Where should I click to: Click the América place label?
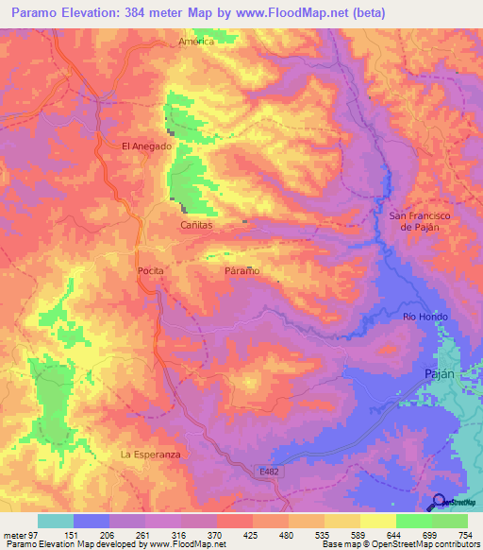click(197, 42)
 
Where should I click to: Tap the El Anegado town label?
click(146, 146)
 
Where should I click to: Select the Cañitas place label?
click(197, 226)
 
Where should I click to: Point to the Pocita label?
click(151, 270)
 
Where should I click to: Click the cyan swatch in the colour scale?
click(56, 521)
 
